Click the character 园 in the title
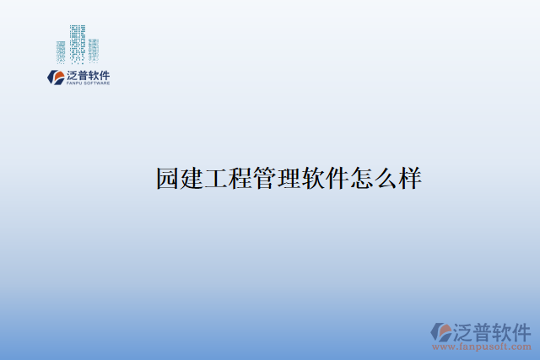pos(168,179)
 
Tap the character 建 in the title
pos(192,179)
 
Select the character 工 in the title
pos(217,179)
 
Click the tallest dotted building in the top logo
pos(78,41)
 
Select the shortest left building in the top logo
pos(61,52)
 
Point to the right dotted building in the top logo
pos(93,50)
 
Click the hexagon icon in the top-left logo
pos(55,78)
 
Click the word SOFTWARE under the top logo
pos(96,83)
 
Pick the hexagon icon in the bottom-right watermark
pos(441,331)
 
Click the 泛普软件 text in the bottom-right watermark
pos(493,330)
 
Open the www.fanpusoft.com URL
pos(482,347)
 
